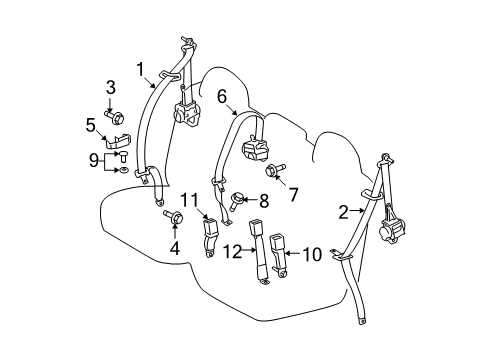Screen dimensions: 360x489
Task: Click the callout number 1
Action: click(x=141, y=69)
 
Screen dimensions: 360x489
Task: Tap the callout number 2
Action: click(x=343, y=211)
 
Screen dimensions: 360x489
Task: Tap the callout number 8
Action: click(x=265, y=200)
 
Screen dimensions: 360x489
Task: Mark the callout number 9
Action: click(x=92, y=160)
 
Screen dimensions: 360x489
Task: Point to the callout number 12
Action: click(x=233, y=252)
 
